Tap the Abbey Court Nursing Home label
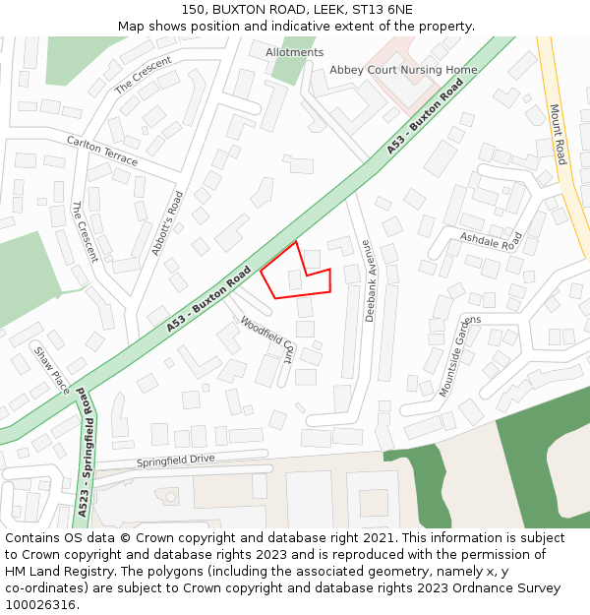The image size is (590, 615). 403,70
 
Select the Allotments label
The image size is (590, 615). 294,52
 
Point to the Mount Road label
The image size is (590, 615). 558,135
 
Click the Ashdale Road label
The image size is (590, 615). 490,240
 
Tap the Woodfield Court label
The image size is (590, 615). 267,338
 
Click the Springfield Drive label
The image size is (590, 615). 175,460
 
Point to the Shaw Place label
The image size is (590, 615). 52,370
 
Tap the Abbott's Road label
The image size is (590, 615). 167,223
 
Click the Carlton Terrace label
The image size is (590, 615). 102,151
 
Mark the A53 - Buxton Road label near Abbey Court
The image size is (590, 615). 425,116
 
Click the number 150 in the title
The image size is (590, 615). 193,10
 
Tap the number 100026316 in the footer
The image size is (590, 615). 40,604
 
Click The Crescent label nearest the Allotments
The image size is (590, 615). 144,75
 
